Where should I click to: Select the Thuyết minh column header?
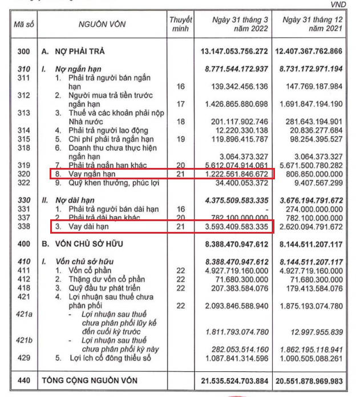[180, 25]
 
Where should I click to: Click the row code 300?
[23, 52]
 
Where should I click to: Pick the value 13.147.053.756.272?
[234, 52]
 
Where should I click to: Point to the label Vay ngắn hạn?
[89, 173]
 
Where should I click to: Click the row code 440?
[23, 380]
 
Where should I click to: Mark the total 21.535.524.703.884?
[234, 380]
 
